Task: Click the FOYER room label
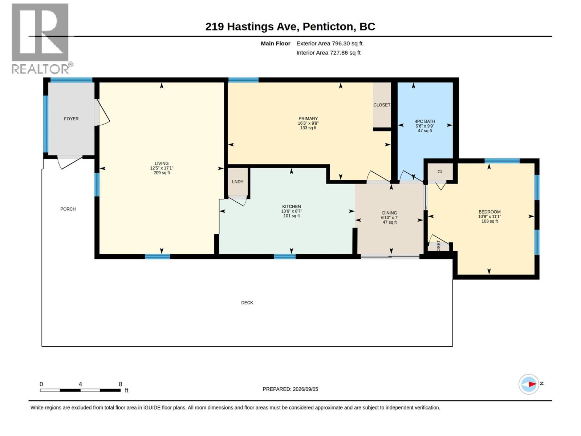[71, 119]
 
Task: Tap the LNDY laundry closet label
[237, 182]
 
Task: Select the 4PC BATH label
[425, 121]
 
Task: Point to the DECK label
[247, 303]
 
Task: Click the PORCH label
[68, 209]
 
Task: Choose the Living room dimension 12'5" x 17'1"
[162, 168]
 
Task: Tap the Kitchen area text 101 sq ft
[292, 216]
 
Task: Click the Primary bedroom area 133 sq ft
[308, 128]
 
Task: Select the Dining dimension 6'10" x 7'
[389, 218]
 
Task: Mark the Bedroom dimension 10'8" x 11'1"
[489, 217]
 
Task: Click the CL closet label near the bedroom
[440, 172]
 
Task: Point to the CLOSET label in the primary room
[382, 105]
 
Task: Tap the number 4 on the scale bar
[80, 384]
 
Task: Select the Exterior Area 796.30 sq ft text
[329, 43]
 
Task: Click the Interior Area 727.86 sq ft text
[328, 53]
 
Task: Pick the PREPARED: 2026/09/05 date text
[290, 389]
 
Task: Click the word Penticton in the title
[328, 27]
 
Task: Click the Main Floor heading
[275, 43]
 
